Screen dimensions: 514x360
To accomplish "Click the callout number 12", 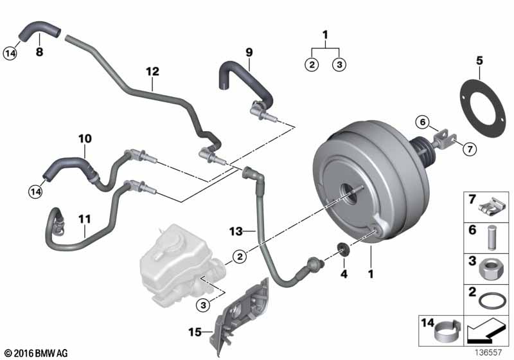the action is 152,71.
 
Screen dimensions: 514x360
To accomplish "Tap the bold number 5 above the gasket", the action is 479,60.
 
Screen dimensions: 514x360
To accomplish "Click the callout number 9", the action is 249,52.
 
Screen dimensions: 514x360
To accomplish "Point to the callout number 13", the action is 236,231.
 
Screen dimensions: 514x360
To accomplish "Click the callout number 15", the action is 195,332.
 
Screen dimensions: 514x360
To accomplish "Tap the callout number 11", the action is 85,219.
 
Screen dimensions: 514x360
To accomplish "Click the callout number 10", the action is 85,138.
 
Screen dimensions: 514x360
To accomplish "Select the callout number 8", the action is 39,52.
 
